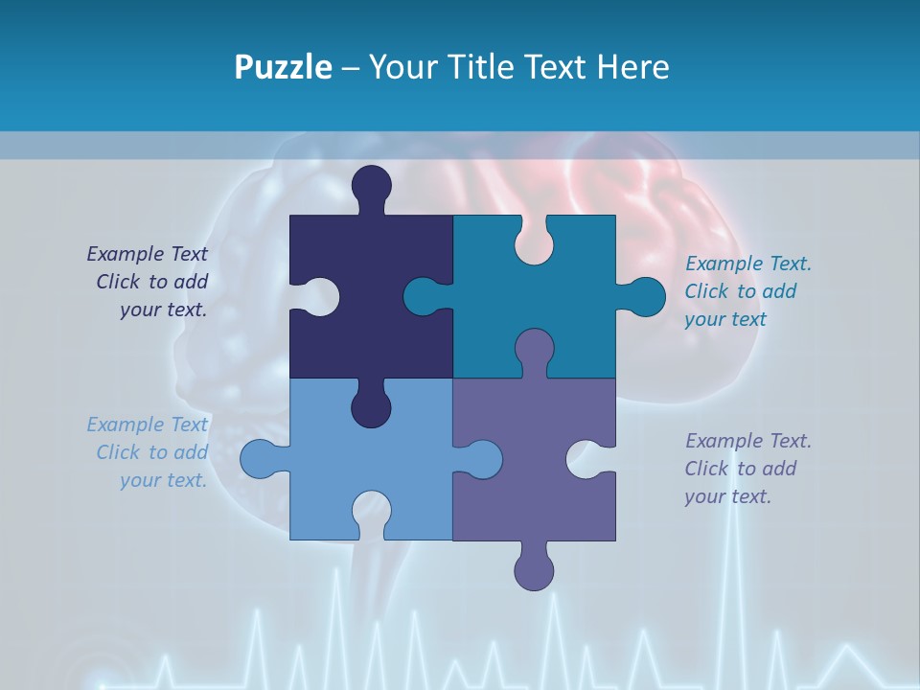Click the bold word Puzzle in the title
[283, 67]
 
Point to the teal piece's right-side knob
[644, 296]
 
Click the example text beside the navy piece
[149, 282]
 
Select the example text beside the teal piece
[747, 291]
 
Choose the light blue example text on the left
[149, 452]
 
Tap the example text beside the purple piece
[747, 469]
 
